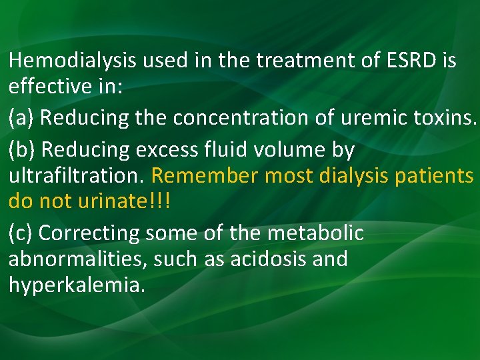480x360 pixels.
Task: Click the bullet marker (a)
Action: (x=22, y=118)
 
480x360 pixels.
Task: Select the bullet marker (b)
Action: (x=23, y=150)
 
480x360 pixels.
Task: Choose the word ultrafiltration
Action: (x=77, y=177)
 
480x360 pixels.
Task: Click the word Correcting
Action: (x=90, y=233)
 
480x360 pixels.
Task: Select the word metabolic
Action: (x=315, y=233)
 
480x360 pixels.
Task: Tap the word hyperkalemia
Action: (x=76, y=285)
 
